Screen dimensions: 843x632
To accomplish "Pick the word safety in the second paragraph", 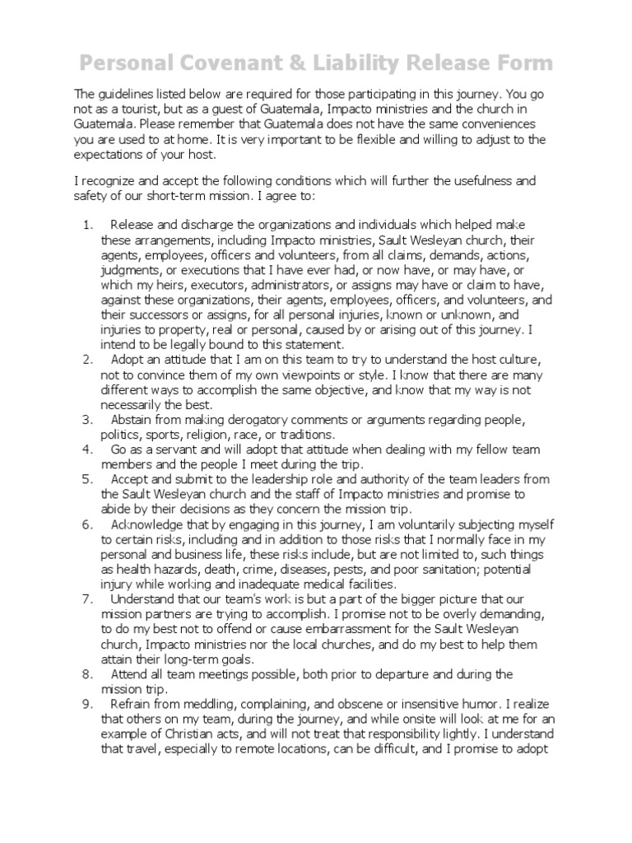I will (93, 198).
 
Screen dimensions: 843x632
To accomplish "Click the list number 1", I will (89, 225).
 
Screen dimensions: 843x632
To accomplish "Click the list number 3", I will (89, 420).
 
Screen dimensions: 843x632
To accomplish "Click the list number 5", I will (89, 480).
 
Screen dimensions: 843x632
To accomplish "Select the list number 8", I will (89, 674).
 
